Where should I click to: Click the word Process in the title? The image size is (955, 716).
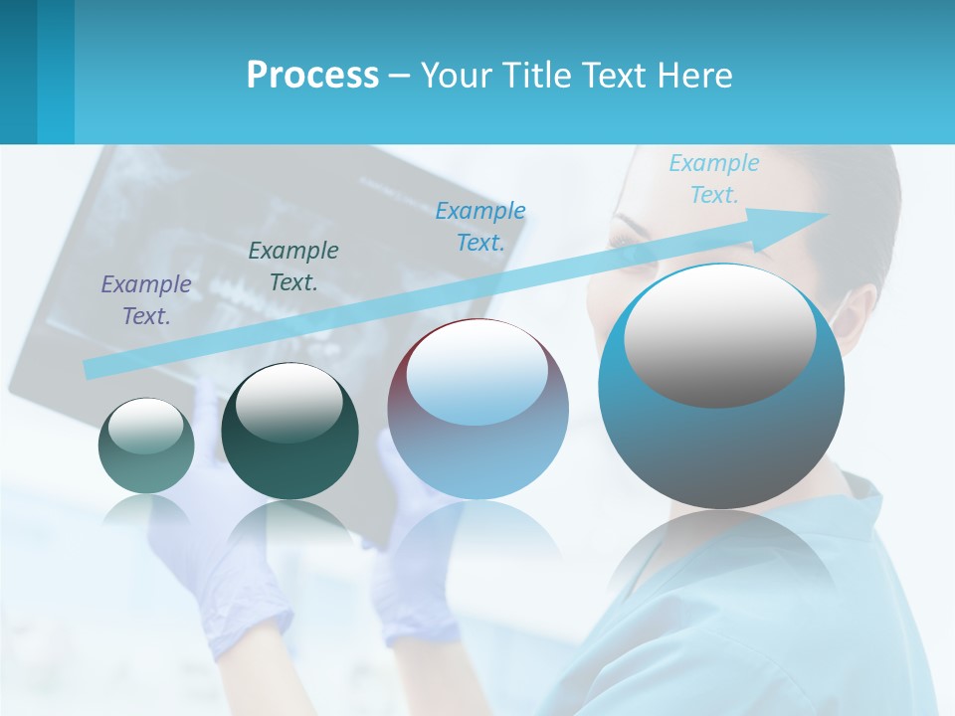click(312, 75)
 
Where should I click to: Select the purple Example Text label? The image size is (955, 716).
click(146, 300)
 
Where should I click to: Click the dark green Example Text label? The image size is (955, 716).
click(293, 267)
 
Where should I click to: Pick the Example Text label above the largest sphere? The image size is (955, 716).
click(713, 179)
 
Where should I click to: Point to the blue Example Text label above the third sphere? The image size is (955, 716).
click(480, 226)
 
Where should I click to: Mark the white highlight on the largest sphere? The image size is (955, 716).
click(719, 333)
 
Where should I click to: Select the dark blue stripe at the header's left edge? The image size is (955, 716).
click(18, 72)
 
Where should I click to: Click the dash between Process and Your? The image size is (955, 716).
click(399, 76)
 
